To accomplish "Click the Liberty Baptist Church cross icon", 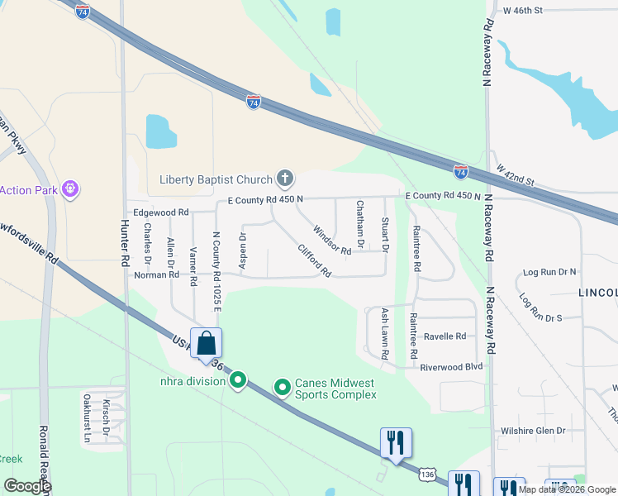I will click(x=285, y=178).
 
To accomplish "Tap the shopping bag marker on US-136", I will click(x=206, y=343).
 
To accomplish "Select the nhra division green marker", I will click(x=238, y=380).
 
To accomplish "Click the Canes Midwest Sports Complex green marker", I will click(x=282, y=387).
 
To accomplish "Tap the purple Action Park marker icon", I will click(x=71, y=189).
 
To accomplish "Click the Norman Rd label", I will click(x=156, y=274).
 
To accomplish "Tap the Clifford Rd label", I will click(x=315, y=260).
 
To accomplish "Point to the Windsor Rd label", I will click(x=332, y=240).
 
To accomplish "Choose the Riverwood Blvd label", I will click(x=450, y=367).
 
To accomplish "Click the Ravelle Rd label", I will click(x=444, y=336).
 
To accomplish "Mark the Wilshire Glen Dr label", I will click(x=533, y=431).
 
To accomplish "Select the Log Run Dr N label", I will click(x=549, y=272).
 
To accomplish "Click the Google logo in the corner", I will click(x=27, y=486).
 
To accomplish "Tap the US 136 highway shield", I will click(x=426, y=475).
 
